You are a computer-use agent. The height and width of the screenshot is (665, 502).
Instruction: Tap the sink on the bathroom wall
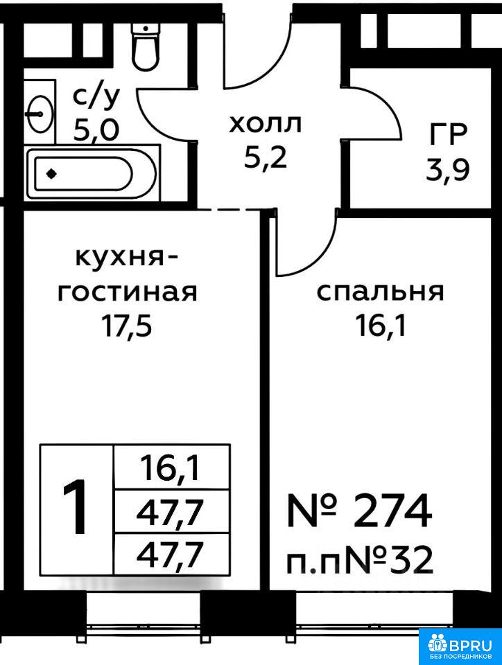(x=39, y=111)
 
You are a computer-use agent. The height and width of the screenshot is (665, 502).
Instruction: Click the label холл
(x=266, y=125)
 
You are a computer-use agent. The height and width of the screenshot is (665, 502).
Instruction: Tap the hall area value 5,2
(x=265, y=158)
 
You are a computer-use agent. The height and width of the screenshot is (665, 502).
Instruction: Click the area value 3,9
(x=448, y=168)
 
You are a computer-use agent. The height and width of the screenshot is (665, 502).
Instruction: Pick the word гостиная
(x=127, y=292)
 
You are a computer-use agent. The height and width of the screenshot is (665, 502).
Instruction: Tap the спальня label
(x=380, y=292)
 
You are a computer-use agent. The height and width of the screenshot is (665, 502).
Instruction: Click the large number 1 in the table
(x=76, y=510)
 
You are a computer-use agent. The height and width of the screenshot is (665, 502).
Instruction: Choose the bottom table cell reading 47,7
(x=171, y=553)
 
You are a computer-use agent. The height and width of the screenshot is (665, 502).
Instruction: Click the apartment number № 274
(x=360, y=511)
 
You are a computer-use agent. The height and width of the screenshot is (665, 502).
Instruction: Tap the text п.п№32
(x=360, y=559)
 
